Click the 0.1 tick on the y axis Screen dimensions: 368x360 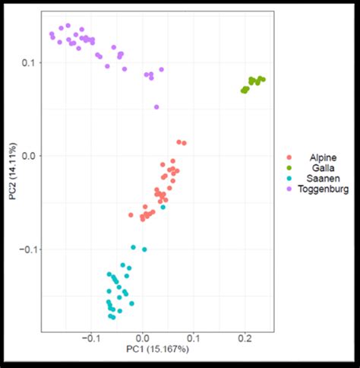tap(28, 63)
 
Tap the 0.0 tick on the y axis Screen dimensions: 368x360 tap(28, 156)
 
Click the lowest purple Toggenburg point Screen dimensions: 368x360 tap(156, 107)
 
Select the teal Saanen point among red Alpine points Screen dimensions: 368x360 tap(163, 206)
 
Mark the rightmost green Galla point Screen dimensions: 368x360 tap(263, 79)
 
